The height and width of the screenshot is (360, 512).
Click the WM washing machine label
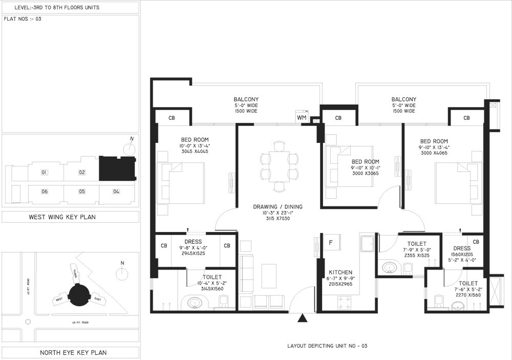coord(302,118)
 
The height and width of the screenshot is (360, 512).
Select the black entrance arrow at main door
coord(303,319)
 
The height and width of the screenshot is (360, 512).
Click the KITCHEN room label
coord(340,272)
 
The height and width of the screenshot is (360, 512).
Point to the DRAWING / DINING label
coord(278,207)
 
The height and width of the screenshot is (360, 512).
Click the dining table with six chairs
coord(279,166)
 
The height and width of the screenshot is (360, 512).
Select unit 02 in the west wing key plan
coord(81,173)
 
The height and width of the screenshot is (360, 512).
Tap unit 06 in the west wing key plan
coord(45,192)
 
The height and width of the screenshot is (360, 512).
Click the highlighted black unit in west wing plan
coord(117,169)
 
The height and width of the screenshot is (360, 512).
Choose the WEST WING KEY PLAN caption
coord(70,217)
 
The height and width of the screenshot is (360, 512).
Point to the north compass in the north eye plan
coord(122,273)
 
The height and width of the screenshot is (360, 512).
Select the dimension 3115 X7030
coord(278,218)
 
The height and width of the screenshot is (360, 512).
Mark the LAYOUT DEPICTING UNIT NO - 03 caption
coord(328,346)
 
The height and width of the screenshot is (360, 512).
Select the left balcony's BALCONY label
coord(246,99)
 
